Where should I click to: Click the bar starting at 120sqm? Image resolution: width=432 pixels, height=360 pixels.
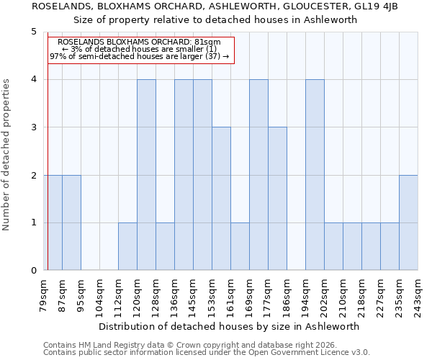pos(146,175)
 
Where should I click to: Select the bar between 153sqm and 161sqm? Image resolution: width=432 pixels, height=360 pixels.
pos(221,199)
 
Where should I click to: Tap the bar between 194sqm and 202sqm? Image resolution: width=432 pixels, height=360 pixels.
pos(315,175)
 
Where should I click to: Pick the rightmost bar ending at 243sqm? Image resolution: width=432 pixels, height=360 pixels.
pos(408,222)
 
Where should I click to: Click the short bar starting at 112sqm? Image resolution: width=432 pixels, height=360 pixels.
pos(127,246)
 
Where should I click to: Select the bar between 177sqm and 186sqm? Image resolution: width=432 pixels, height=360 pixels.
pos(277,199)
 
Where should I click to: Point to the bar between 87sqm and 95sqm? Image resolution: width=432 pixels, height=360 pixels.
pos(71,222)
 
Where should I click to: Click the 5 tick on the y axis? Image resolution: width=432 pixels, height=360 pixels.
pos(33,32)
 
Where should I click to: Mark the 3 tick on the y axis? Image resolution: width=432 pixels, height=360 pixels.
pos(33,127)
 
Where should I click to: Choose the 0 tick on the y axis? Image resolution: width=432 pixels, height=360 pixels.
pos(33,271)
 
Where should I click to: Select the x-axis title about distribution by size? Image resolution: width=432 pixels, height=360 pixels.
pos(228,326)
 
